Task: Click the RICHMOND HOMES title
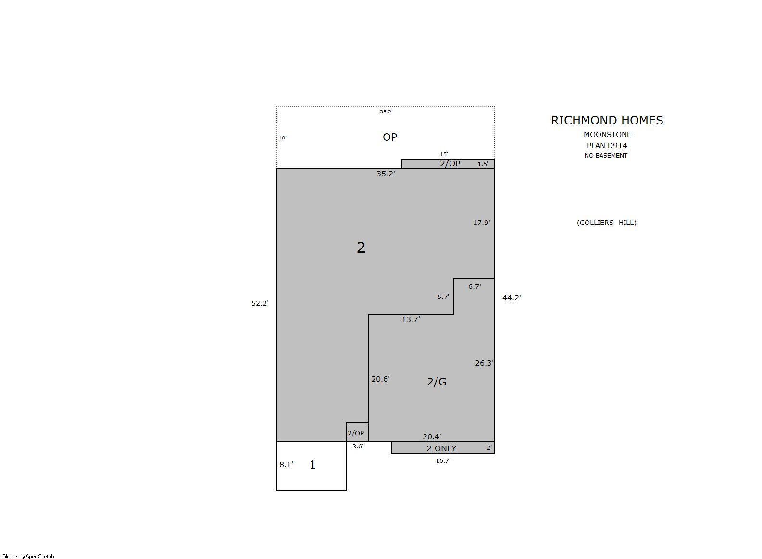pyautogui.click(x=607, y=120)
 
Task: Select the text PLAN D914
pyautogui.click(x=607, y=146)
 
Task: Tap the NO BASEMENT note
pyautogui.click(x=606, y=156)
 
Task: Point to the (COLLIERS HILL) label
pyautogui.click(x=607, y=223)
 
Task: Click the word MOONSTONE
pyautogui.click(x=607, y=134)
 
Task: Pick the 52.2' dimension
pyautogui.click(x=260, y=303)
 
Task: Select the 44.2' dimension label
pyautogui.click(x=512, y=298)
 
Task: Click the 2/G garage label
pyautogui.click(x=437, y=382)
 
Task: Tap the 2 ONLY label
pyautogui.click(x=441, y=448)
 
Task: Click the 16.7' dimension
pyautogui.click(x=443, y=461)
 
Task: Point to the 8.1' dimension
pyautogui.click(x=286, y=464)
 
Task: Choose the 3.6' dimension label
pyautogui.click(x=358, y=446)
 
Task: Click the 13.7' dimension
pyautogui.click(x=411, y=319)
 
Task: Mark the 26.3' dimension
pyautogui.click(x=485, y=363)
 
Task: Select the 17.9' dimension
pyautogui.click(x=482, y=223)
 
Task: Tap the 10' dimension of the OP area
pyautogui.click(x=282, y=138)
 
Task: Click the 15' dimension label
pyautogui.click(x=444, y=154)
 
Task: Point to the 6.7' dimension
pyautogui.click(x=475, y=286)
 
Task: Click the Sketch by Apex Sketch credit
pyautogui.click(x=28, y=556)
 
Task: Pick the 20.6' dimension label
pyautogui.click(x=380, y=379)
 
